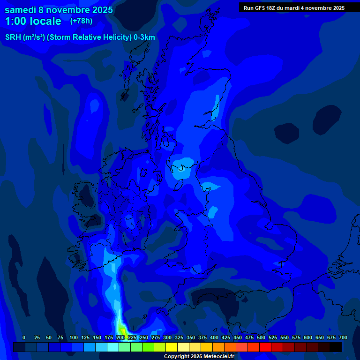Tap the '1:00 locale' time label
point(33,21)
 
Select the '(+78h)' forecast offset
point(81,21)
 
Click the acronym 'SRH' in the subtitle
point(13,37)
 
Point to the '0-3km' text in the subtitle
point(144,37)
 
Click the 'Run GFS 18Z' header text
point(259,8)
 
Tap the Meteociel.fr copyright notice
point(198,356)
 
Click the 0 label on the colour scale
point(24,337)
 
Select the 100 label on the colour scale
point(74,337)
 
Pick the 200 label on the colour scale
point(120,337)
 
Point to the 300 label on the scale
point(167,337)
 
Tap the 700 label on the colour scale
point(343,337)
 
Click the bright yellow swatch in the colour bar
point(172,347)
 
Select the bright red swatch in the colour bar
point(265,347)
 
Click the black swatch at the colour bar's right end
point(336,347)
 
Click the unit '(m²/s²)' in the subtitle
point(35,37)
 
